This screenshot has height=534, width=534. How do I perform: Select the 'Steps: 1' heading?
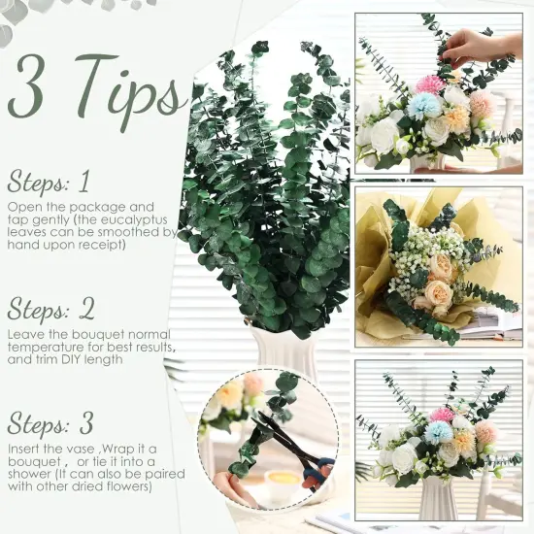pyautogui.click(x=49, y=182)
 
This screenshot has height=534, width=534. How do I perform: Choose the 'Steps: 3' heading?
pyautogui.click(x=50, y=423)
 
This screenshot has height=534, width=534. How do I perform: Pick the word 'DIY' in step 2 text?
pyautogui.click(x=74, y=359)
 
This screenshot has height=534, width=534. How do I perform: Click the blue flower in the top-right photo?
pyautogui.click(x=423, y=106)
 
